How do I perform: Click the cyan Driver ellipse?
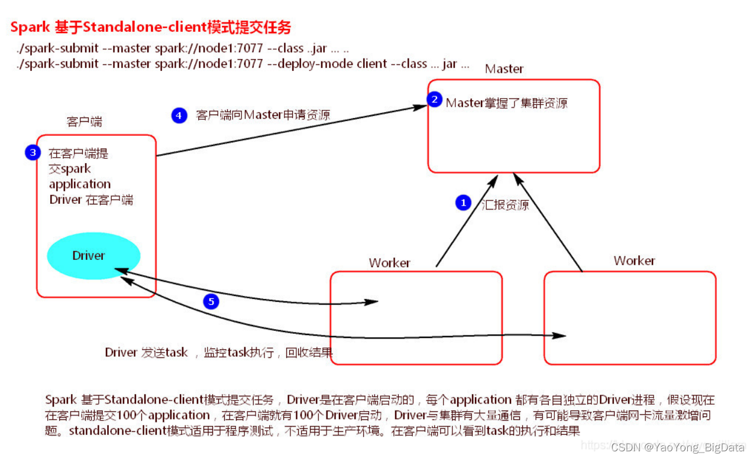[93, 256]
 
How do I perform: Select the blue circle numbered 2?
[435, 100]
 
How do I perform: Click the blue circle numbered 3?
[33, 152]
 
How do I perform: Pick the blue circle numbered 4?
[179, 115]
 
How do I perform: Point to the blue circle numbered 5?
[211, 302]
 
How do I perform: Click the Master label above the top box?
[504, 69]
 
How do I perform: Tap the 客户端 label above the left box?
[84, 122]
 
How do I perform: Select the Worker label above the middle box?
[389, 263]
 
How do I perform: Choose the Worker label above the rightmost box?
[634, 261]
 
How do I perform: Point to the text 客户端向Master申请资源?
[263, 115]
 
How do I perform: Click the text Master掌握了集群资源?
[506, 103]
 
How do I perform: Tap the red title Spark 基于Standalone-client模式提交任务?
[151, 27]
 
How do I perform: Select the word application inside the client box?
[80, 184]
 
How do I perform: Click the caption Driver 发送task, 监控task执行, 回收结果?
[219, 353]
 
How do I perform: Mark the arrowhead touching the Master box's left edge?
[421, 107]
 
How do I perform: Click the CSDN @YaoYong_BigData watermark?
[678, 447]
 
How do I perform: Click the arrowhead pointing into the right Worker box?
[560, 336]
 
